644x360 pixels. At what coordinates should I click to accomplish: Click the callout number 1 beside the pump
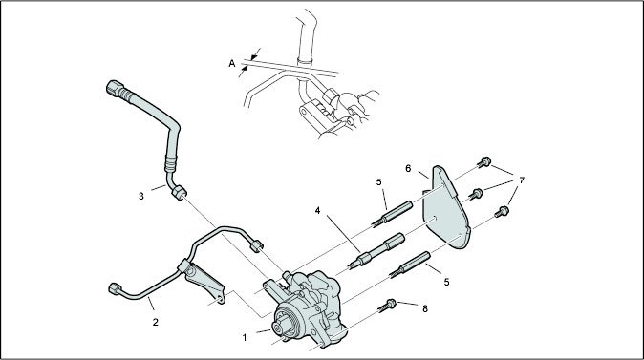tap(245, 338)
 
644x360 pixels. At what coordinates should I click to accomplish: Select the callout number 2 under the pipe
tap(155, 322)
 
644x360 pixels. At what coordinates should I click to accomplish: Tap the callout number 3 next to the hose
tap(141, 196)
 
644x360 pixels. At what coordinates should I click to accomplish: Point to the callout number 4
tap(317, 211)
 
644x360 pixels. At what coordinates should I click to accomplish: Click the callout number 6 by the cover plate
tap(408, 169)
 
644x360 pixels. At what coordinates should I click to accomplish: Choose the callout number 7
tap(522, 180)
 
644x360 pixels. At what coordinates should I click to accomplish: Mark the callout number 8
tap(425, 308)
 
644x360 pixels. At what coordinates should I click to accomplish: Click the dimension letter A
tap(232, 64)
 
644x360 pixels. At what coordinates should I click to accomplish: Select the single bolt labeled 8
tap(387, 306)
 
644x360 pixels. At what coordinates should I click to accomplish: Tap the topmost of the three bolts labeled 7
tap(484, 162)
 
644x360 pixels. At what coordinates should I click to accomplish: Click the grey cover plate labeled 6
tap(446, 207)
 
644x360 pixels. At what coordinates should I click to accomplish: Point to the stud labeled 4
tap(376, 250)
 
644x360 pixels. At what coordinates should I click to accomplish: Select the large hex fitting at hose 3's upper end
tap(116, 88)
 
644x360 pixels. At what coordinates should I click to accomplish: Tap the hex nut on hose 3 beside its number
tap(179, 193)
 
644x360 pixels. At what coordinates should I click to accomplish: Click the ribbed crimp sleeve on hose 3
tap(171, 163)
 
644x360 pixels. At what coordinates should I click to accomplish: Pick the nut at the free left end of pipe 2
tap(114, 288)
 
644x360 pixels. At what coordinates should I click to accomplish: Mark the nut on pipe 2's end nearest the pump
tap(256, 245)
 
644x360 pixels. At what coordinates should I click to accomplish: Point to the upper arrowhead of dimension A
tap(254, 55)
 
